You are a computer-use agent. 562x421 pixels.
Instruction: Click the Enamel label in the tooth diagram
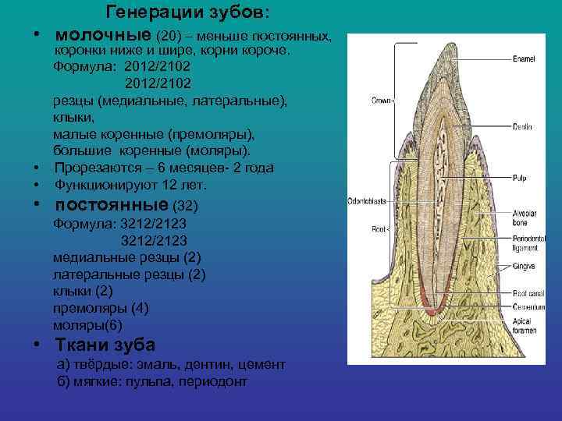point(525,59)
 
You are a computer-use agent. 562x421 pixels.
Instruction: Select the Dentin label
point(523,126)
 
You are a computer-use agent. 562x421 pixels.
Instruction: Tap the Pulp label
point(520,179)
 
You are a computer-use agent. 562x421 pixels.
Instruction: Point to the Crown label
point(380,101)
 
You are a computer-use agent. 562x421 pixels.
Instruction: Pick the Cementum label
point(528,307)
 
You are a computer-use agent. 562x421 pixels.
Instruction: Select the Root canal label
point(528,293)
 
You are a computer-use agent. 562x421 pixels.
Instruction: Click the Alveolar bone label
point(525,218)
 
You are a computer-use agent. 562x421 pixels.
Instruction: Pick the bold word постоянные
point(111,206)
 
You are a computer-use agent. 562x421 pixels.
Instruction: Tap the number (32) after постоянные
point(185,207)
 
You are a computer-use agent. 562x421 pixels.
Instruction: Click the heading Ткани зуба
point(105,345)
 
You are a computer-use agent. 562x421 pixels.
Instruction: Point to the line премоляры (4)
point(100,308)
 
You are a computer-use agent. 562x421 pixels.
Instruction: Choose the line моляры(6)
point(87,324)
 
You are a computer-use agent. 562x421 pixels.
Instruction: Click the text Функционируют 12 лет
point(130,186)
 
